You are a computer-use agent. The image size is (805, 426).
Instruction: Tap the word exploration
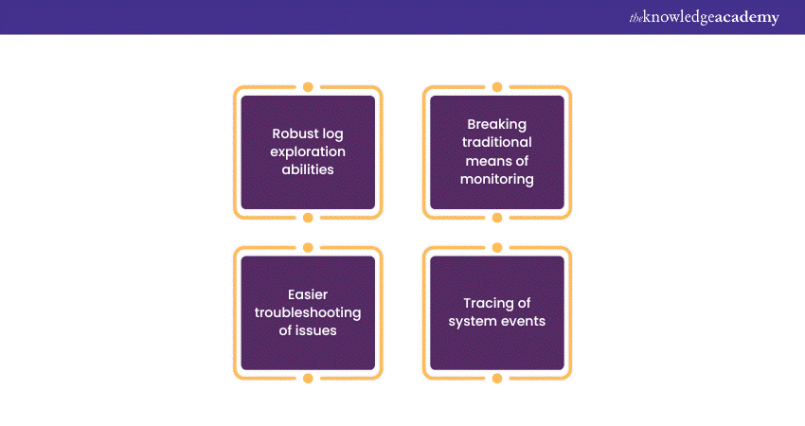point(308,151)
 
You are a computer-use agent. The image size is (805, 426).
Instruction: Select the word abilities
point(308,169)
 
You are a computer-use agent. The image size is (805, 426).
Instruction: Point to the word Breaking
point(497,124)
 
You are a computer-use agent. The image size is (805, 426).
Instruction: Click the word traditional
point(497,142)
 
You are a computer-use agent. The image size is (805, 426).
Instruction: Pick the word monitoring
point(497,178)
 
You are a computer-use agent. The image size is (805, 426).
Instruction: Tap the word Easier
point(308,293)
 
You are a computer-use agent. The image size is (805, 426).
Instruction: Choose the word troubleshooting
point(308,312)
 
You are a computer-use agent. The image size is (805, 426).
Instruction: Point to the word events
point(521,321)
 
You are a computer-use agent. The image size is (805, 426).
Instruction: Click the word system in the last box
point(472,321)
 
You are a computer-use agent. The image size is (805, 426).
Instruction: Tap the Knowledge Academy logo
point(704,17)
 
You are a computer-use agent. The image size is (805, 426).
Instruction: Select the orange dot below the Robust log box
point(308,218)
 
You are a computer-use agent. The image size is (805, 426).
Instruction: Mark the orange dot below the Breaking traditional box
point(497,218)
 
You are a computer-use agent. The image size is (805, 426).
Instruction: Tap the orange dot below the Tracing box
point(497,379)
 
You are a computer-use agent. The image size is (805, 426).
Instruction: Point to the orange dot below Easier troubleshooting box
point(308,379)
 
